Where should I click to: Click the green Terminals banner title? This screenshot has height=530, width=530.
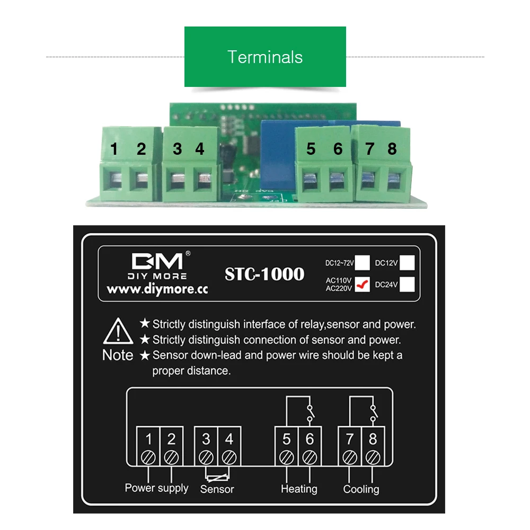click(x=265, y=57)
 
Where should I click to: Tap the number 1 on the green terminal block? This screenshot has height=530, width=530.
click(x=114, y=149)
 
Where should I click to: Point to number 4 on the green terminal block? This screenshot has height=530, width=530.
click(x=199, y=149)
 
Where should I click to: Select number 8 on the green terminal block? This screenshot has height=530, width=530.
click(x=392, y=149)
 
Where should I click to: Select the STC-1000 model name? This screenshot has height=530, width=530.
click(x=264, y=274)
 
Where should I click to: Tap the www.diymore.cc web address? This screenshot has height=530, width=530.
click(x=157, y=289)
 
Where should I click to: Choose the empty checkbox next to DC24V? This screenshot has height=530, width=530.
click(x=407, y=285)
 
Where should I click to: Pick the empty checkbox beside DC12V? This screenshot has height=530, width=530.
click(x=407, y=263)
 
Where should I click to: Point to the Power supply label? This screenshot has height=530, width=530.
click(x=156, y=488)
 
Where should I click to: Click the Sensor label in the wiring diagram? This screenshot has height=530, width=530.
click(x=217, y=489)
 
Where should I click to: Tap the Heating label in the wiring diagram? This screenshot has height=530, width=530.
click(x=299, y=489)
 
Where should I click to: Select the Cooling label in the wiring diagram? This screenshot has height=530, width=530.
click(x=361, y=489)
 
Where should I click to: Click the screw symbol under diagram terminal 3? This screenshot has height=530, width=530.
click(x=206, y=456)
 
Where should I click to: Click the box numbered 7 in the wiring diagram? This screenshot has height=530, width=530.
click(x=350, y=439)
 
